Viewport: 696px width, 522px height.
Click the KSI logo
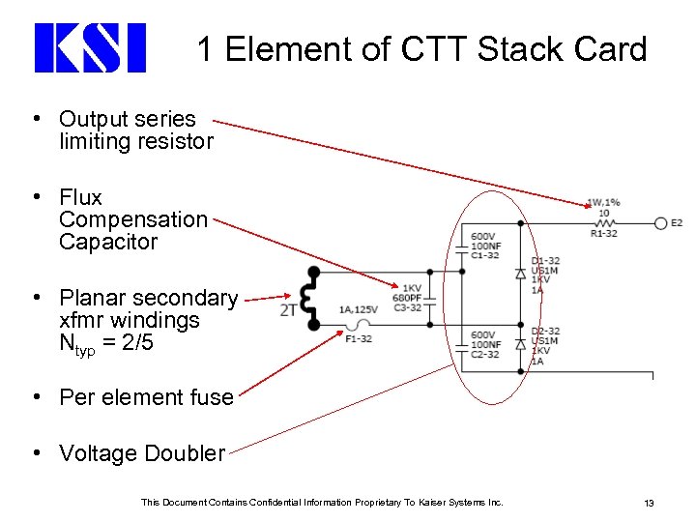pyautogui.click(x=89, y=47)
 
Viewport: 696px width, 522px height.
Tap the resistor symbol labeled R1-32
pyautogui.click(x=604, y=222)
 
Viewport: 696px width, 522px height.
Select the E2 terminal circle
pyautogui.click(x=661, y=222)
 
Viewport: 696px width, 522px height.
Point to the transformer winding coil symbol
pyautogui.click(x=311, y=298)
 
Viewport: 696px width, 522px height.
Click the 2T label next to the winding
pyautogui.click(x=289, y=309)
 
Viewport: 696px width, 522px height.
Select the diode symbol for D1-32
pyautogui.click(x=521, y=275)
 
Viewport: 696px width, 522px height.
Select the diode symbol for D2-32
pyautogui.click(x=521, y=344)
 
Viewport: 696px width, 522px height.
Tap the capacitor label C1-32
pyautogui.click(x=485, y=255)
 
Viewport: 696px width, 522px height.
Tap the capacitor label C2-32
pyautogui.click(x=485, y=355)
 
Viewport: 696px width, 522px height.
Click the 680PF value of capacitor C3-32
pyautogui.click(x=407, y=298)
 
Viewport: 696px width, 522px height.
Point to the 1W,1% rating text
pyautogui.click(x=603, y=203)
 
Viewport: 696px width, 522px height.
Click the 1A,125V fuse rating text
pyautogui.click(x=358, y=309)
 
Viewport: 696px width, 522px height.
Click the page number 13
pyautogui.click(x=650, y=503)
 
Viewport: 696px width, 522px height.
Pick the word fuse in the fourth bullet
pyautogui.click(x=213, y=397)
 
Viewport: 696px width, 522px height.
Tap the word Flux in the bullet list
pyautogui.click(x=80, y=197)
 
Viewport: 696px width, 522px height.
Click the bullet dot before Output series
pyautogui.click(x=36, y=119)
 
